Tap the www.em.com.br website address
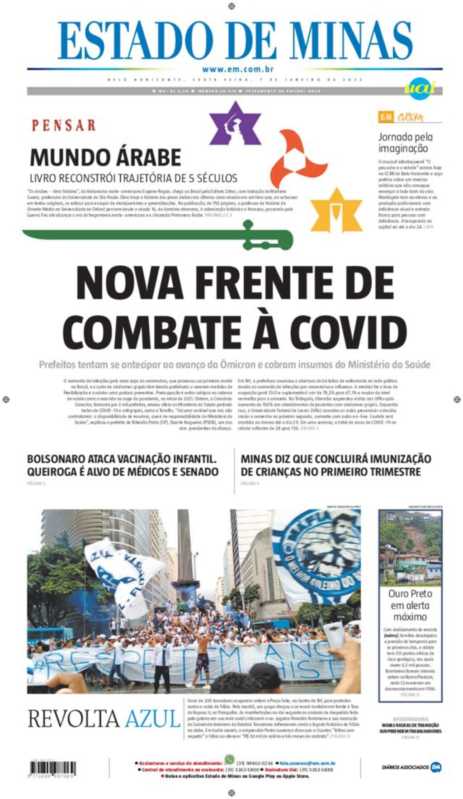tap(237, 70)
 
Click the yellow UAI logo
tap(420, 87)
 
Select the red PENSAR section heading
tap(64, 125)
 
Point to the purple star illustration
tap(235, 123)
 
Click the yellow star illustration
tap(337, 211)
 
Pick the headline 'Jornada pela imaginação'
tap(405, 142)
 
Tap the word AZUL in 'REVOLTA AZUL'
tap(152, 719)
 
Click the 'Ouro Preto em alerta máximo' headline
tap(410, 605)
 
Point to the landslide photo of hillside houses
tap(410, 547)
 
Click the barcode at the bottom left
tap(52, 768)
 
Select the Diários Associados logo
tap(411, 767)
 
